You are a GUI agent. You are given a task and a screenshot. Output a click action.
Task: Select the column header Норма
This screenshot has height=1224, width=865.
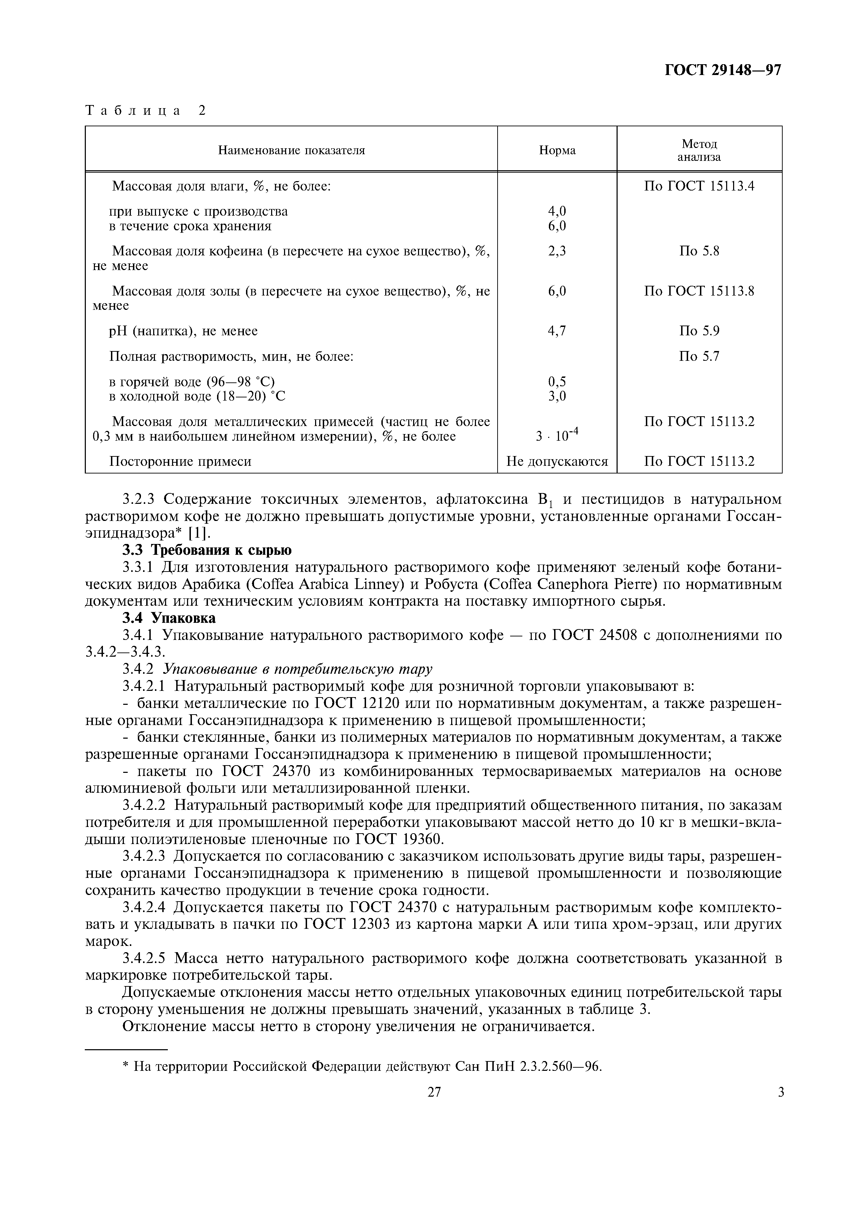(x=557, y=150)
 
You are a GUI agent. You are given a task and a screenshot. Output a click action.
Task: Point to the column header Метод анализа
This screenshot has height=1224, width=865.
(x=699, y=150)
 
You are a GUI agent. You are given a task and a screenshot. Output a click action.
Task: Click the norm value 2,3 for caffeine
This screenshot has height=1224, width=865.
(x=557, y=251)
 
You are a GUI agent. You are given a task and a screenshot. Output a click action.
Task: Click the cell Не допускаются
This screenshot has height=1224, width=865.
(x=557, y=461)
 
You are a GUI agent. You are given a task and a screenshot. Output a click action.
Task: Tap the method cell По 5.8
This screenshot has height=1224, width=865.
(x=699, y=251)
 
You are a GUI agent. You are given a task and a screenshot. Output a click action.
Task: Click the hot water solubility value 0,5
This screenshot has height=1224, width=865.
(x=557, y=381)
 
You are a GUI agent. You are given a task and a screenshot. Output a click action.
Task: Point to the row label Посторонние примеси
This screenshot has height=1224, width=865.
(x=180, y=461)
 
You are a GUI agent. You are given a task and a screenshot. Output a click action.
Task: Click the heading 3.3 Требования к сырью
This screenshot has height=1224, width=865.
(x=207, y=550)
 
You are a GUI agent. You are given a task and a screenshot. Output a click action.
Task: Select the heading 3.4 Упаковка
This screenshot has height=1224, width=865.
(x=169, y=618)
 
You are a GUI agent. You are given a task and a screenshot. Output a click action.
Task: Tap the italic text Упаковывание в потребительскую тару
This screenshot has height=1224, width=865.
(x=297, y=669)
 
